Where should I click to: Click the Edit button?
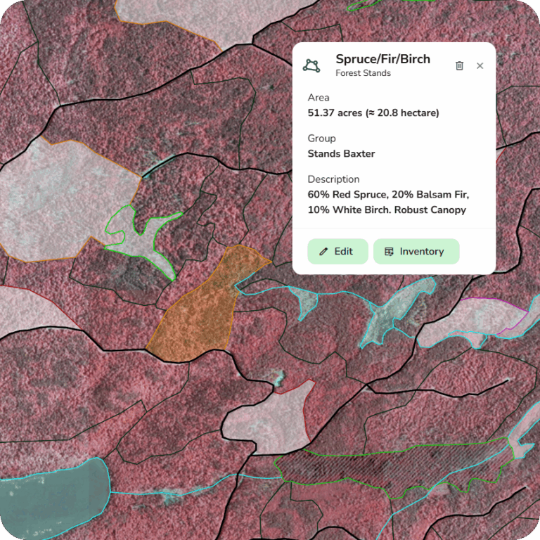[337, 252]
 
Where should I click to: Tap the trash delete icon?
[460, 65]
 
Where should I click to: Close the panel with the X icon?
[480, 65]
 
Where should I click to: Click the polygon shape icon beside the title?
[311, 65]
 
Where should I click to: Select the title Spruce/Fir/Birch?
[382, 59]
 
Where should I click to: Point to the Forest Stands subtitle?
[363, 73]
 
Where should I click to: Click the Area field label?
[319, 98]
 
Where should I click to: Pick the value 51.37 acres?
[334, 112]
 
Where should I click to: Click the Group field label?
[321, 139]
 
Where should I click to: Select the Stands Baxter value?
[341, 153]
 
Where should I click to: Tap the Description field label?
[333, 179]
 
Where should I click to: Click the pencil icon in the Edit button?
[323, 252]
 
